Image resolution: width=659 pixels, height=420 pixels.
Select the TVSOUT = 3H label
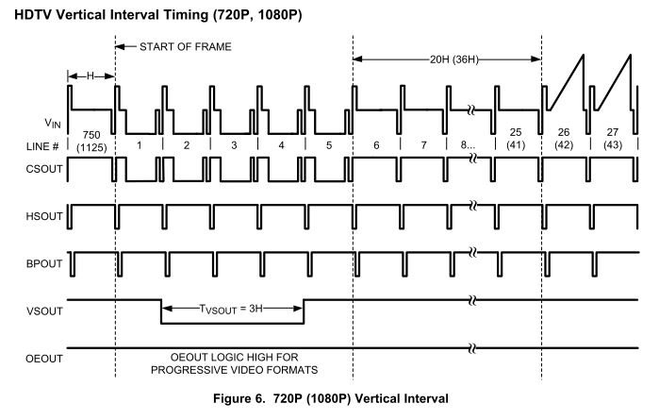(232, 309)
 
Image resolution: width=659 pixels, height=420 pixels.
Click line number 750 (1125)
(91, 141)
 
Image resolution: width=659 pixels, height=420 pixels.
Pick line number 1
(139, 146)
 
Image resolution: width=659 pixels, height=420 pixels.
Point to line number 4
(281, 146)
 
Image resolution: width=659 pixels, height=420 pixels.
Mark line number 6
(376, 146)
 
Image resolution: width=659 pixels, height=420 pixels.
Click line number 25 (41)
(516, 141)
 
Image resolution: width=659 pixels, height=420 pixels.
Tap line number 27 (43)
(612, 141)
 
